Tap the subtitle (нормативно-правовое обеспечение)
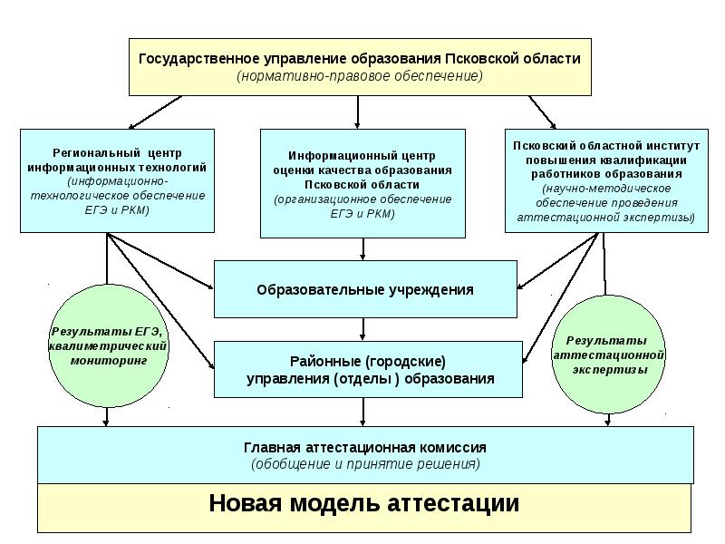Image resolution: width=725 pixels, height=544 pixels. pyautogui.click(x=360, y=76)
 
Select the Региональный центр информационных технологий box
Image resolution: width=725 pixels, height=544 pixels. pyautogui.click(x=117, y=180)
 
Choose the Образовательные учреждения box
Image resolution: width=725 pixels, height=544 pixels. pyautogui.click(x=364, y=290)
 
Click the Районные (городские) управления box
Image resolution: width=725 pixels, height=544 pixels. pyautogui.click(x=369, y=369)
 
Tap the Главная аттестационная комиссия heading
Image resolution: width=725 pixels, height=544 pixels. pyautogui.click(x=365, y=448)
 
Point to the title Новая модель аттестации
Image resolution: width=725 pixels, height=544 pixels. pyautogui.click(x=364, y=503)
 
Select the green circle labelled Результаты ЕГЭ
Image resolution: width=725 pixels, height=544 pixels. pyautogui.click(x=108, y=346)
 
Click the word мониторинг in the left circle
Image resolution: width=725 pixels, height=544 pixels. pyautogui.click(x=109, y=360)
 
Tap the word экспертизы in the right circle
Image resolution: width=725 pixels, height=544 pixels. pyautogui.click(x=609, y=370)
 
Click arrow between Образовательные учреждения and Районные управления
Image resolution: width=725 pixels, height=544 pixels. pyautogui.click(x=363, y=329)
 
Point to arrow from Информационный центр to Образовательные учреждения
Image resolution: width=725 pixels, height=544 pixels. pyautogui.click(x=363, y=248)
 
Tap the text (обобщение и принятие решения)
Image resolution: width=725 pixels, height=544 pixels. pyautogui.click(x=365, y=464)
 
